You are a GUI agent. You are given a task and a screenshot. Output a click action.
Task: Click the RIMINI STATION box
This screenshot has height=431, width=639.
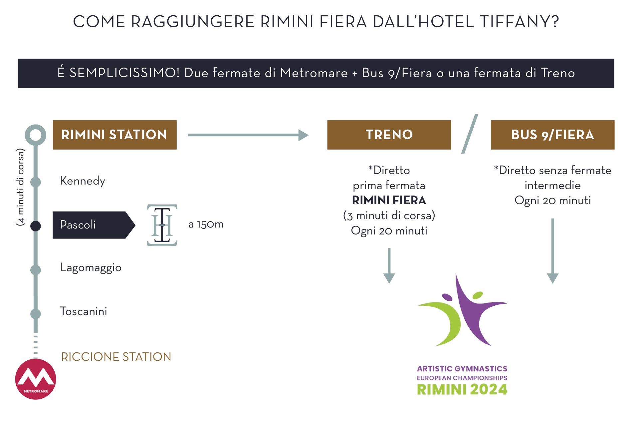[x=114, y=135]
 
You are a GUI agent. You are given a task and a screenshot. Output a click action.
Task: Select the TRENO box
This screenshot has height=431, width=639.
[x=389, y=135]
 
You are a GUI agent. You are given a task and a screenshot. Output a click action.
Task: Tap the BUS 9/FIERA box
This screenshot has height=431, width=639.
[x=552, y=135]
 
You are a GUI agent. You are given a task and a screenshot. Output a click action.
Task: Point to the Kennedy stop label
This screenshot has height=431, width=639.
[x=83, y=181]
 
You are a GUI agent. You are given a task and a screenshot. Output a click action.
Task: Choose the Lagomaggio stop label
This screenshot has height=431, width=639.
[x=91, y=268]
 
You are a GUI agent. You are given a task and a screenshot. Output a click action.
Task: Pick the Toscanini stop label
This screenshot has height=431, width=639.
[x=84, y=311]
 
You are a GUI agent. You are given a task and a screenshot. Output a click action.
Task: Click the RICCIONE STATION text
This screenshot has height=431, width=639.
[x=116, y=357]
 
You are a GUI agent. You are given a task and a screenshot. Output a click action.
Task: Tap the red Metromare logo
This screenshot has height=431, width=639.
[x=36, y=379]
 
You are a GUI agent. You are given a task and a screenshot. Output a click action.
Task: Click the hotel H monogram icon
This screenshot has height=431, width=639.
[x=162, y=225]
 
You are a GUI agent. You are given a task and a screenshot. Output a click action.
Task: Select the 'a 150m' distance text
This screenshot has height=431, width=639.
[x=206, y=224]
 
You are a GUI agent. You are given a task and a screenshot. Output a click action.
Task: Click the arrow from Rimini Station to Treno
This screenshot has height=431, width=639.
[x=248, y=135]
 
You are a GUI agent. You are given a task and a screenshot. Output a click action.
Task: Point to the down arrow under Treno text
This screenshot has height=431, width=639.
[x=389, y=266]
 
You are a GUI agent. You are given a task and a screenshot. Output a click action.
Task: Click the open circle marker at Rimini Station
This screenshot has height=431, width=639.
[x=36, y=135]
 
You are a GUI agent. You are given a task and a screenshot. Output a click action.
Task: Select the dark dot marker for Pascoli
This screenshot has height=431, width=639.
[x=36, y=226]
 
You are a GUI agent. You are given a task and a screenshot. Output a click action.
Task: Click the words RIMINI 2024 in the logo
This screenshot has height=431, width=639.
[x=462, y=389]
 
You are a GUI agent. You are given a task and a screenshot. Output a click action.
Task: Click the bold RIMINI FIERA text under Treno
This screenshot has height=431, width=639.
[x=389, y=200]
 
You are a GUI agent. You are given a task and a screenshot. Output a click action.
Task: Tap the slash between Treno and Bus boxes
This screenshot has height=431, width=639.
[x=470, y=134]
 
